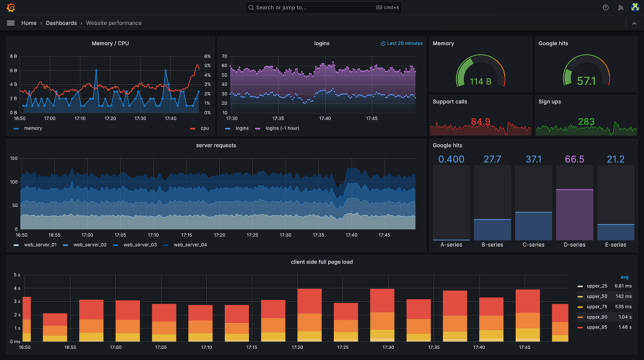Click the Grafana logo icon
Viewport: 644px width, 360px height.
tap(11, 7)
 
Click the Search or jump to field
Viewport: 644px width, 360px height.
tap(322, 7)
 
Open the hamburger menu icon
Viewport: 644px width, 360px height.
tap(11, 23)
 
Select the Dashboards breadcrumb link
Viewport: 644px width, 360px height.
tap(61, 23)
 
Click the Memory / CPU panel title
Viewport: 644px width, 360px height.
tap(110, 43)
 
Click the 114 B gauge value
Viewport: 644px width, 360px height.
tap(480, 81)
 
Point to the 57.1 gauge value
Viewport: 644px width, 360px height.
tap(586, 81)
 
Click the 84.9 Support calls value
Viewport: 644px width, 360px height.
tap(480, 121)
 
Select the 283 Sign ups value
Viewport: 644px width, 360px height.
tap(586, 121)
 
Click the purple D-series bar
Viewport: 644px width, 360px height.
tap(574, 214)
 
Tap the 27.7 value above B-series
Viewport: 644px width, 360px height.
tap(492, 159)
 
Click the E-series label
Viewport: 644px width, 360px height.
tap(615, 245)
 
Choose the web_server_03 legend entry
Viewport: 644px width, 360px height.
tap(139, 245)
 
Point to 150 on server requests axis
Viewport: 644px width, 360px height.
tap(14, 159)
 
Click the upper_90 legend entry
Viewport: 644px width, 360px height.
tap(597, 317)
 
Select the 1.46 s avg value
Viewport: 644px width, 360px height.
tap(624, 327)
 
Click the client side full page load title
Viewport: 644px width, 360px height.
tap(321, 262)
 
